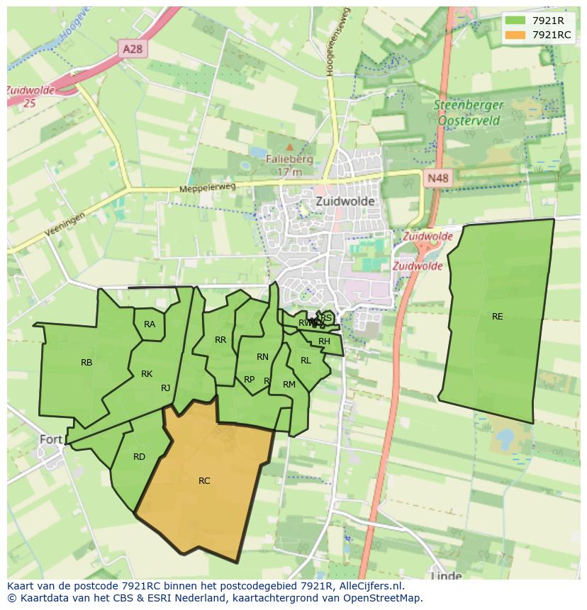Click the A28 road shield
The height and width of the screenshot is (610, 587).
pyautogui.click(x=132, y=48)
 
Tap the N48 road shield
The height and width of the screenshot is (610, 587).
pyautogui.click(x=437, y=179)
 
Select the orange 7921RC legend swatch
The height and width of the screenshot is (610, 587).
pyautogui.click(x=516, y=35)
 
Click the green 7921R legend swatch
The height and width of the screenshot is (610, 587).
pyautogui.click(x=516, y=21)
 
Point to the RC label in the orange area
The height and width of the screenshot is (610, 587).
pyautogui.click(x=204, y=481)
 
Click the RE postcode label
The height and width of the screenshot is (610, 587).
pyautogui.click(x=498, y=317)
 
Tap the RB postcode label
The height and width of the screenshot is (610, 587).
pyautogui.click(x=86, y=363)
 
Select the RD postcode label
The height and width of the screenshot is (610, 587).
pyautogui.click(x=139, y=457)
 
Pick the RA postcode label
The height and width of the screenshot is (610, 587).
pyautogui.click(x=150, y=324)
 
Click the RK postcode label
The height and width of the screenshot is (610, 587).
pyautogui.click(x=147, y=374)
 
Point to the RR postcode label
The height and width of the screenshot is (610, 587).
pyautogui.click(x=220, y=340)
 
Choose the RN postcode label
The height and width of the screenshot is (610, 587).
pyautogui.click(x=262, y=357)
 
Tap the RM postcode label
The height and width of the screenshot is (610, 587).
pyautogui.click(x=289, y=385)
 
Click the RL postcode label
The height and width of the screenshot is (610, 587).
pyautogui.click(x=306, y=361)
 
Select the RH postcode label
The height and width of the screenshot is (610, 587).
pyautogui.click(x=324, y=341)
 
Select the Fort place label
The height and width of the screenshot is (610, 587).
pyautogui.click(x=51, y=439)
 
